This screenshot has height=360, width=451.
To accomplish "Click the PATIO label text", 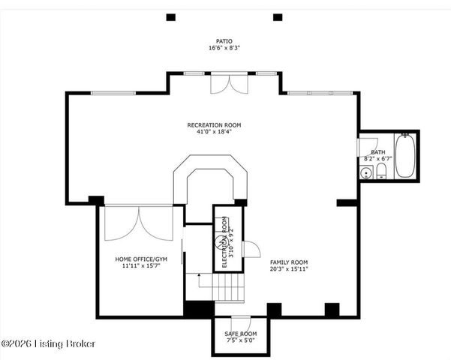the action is click(x=224, y=41).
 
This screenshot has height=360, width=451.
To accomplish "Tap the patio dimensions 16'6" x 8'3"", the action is click(x=224, y=48).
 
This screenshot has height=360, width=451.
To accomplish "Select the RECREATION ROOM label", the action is click(x=214, y=125).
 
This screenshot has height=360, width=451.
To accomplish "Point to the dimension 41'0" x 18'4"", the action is click(x=214, y=132).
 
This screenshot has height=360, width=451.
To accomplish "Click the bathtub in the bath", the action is click(x=405, y=155).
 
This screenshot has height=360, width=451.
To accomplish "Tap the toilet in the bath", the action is click(x=381, y=171).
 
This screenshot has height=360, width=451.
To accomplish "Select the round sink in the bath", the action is click(x=366, y=173).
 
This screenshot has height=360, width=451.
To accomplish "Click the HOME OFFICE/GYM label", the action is click(x=141, y=259).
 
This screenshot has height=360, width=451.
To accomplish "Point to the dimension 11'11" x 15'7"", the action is click(x=141, y=266).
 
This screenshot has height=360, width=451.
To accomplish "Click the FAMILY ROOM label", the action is click(x=289, y=262).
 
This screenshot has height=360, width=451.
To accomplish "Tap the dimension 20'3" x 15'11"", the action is click(x=289, y=269).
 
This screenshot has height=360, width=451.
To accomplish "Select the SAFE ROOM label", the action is click(x=241, y=334).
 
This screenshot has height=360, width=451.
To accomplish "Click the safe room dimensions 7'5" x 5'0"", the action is click(x=241, y=340).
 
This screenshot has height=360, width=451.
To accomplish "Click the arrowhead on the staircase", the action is click(x=199, y=275).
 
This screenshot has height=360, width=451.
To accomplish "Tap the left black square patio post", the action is click(x=171, y=17).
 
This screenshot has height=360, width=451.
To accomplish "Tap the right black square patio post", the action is click(x=278, y=17).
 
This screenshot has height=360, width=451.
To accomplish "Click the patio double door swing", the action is click(x=229, y=84).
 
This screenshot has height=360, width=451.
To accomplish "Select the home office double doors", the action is click(x=139, y=223).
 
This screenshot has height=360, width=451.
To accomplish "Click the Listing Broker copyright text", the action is click(x=48, y=343).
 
